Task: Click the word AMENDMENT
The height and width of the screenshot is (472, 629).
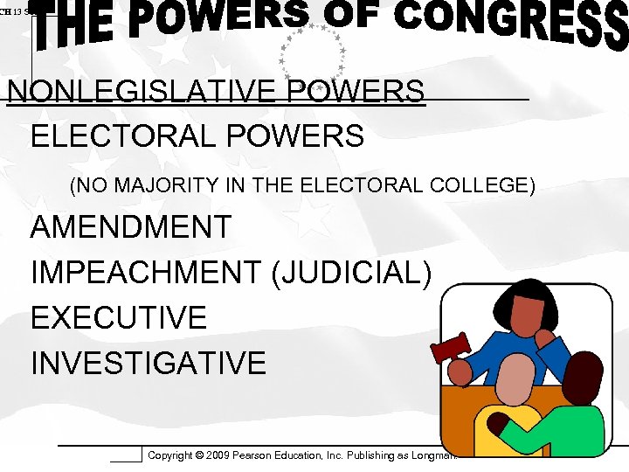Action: coord(131,227)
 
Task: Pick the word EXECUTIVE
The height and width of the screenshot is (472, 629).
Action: coord(119,317)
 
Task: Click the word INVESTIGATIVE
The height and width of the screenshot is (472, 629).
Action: coord(149,362)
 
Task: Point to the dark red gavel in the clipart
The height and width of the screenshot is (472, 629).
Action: coord(450,349)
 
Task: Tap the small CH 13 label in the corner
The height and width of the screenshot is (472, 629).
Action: coord(12,10)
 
